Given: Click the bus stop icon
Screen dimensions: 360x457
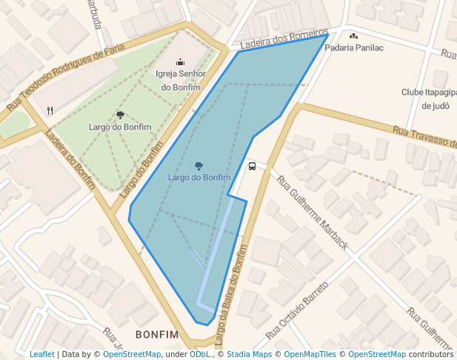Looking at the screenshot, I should (252, 167).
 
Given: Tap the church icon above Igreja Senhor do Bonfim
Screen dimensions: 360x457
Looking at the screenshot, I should (180, 62).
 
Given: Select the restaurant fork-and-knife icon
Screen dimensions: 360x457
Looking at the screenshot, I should (50, 111).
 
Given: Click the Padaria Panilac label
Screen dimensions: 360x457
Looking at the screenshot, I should (354, 48).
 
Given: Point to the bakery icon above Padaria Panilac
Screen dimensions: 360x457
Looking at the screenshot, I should (353, 36).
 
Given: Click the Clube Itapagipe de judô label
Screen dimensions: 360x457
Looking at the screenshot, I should (428, 99).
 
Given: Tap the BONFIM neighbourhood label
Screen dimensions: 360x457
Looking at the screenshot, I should (157, 335).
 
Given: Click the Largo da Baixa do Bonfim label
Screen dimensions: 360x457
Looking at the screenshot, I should (230, 296).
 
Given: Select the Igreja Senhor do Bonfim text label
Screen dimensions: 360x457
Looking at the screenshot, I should (179, 80).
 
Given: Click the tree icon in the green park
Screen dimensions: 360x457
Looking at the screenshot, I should (120, 115).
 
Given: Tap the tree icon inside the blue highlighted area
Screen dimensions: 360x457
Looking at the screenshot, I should (199, 165).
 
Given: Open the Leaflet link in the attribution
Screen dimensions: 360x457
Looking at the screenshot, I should (42, 354).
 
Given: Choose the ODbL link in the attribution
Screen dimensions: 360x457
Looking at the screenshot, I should (200, 354).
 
